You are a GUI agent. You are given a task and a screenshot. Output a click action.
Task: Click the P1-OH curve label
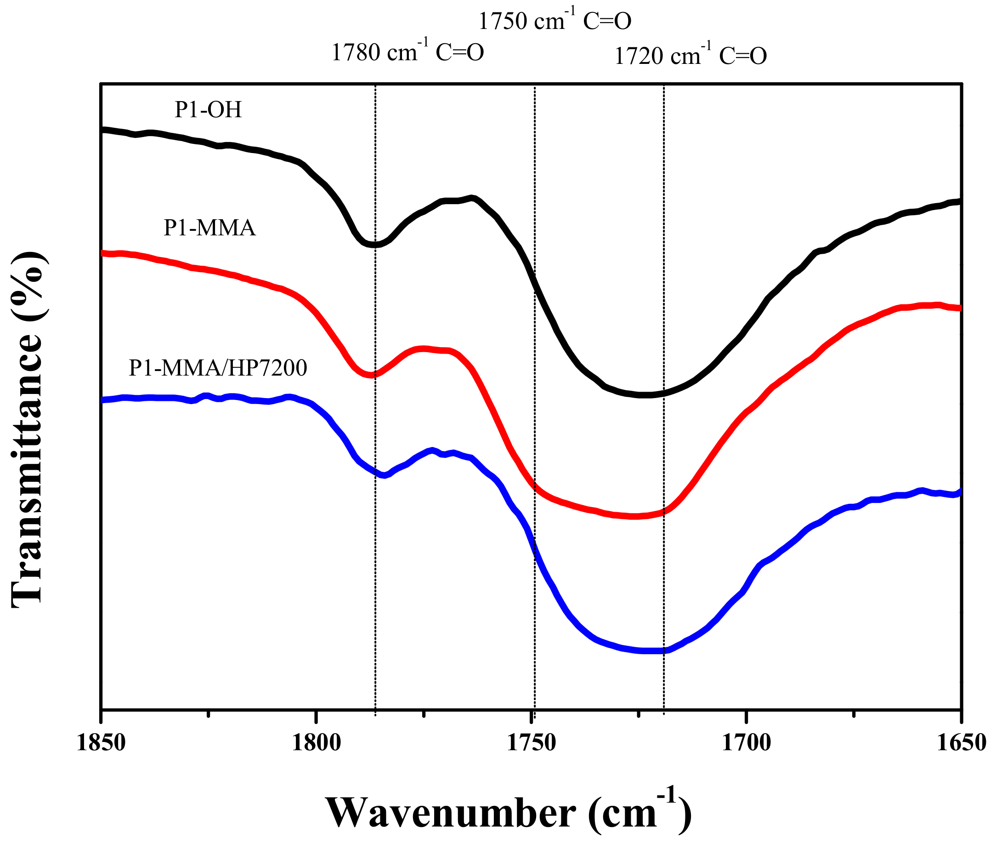208,110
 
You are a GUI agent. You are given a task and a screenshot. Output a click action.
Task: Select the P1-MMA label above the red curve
209,228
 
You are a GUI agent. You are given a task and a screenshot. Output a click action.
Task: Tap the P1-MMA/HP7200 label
218,368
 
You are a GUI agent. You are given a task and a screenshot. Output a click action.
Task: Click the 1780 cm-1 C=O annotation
407,52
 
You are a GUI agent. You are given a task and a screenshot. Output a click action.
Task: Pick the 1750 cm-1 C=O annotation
555,21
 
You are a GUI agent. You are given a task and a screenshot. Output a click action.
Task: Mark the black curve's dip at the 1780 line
375,245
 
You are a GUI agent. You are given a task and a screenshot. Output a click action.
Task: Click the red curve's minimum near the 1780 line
371,375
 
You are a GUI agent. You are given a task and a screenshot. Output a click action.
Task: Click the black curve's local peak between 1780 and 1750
472,198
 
